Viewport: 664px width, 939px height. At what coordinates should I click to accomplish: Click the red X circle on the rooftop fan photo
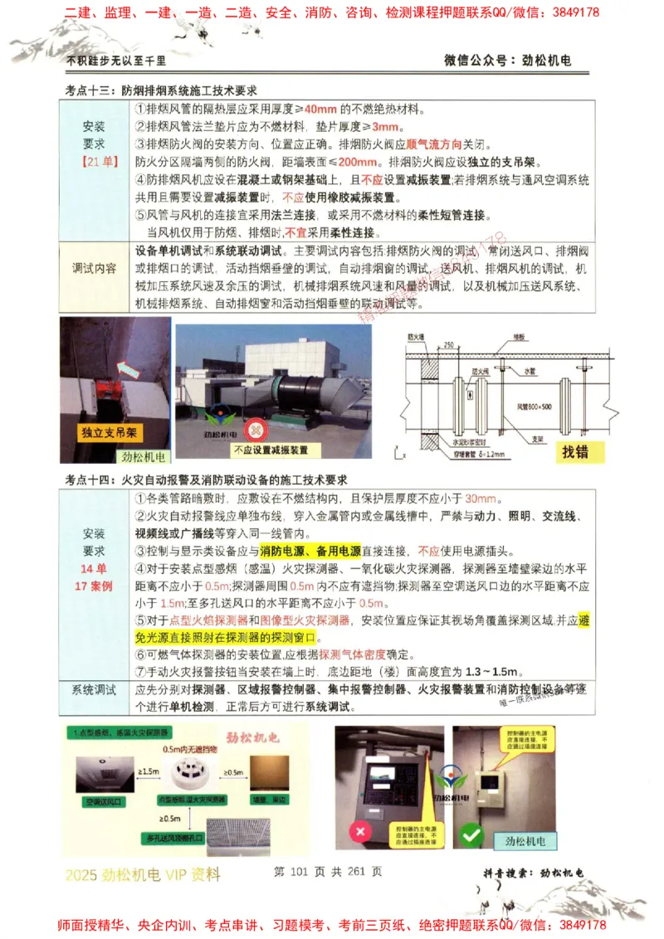[x=257, y=430]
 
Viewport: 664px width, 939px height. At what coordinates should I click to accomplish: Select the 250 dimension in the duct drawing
[x=449, y=344]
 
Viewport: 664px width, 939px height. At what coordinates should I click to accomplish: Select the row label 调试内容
[x=95, y=269]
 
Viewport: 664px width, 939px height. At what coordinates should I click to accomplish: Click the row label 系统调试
[x=94, y=690]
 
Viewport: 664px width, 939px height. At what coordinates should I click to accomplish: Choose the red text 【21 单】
[x=95, y=161]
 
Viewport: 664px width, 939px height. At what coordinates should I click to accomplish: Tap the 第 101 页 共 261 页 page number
[x=327, y=872]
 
